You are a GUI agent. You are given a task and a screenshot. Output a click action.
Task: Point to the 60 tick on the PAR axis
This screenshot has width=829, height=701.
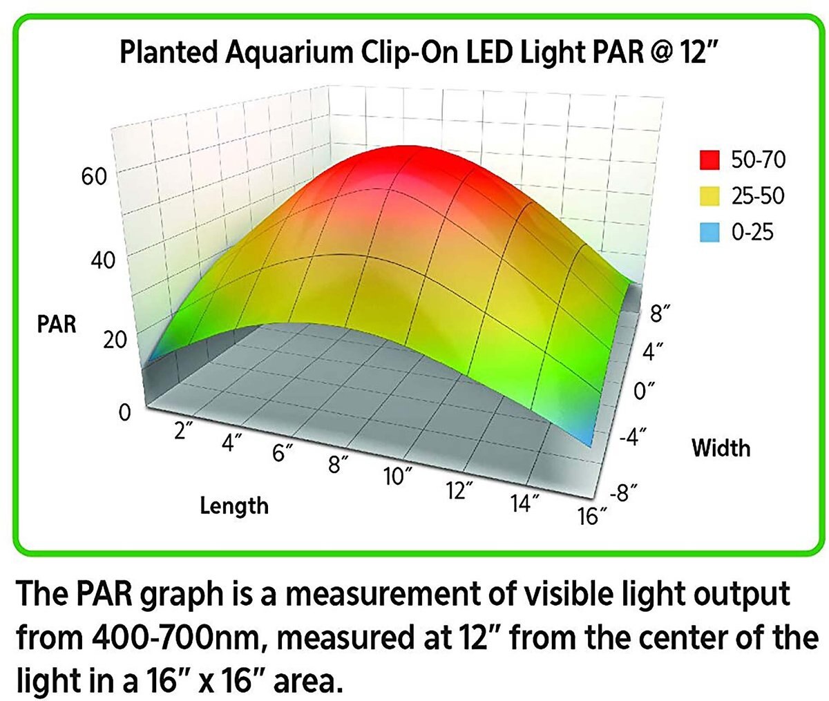[x=94, y=177]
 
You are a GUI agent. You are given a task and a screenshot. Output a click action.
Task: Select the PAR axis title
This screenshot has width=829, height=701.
[x=57, y=324]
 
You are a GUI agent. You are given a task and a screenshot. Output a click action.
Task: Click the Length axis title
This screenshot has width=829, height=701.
[x=234, y=506]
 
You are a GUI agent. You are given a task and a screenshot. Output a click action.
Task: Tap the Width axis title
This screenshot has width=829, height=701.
[x=721, y=449]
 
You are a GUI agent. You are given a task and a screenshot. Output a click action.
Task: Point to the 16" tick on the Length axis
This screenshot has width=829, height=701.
[x=593, y=515]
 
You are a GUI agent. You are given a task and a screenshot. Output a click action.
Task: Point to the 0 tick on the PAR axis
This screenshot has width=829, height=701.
[x=124, y=413]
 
